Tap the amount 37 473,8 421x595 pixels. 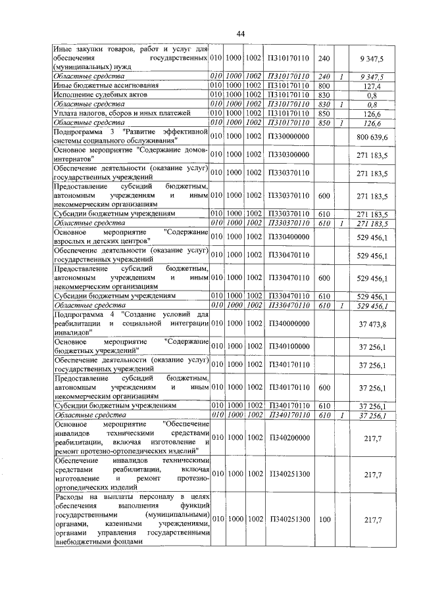376,324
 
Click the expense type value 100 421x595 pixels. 323,519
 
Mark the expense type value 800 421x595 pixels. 323,85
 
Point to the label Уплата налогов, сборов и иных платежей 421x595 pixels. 122,112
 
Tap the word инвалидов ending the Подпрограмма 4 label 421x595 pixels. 73,333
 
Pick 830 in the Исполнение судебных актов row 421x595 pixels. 323,95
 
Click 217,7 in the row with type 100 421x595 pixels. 378,519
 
